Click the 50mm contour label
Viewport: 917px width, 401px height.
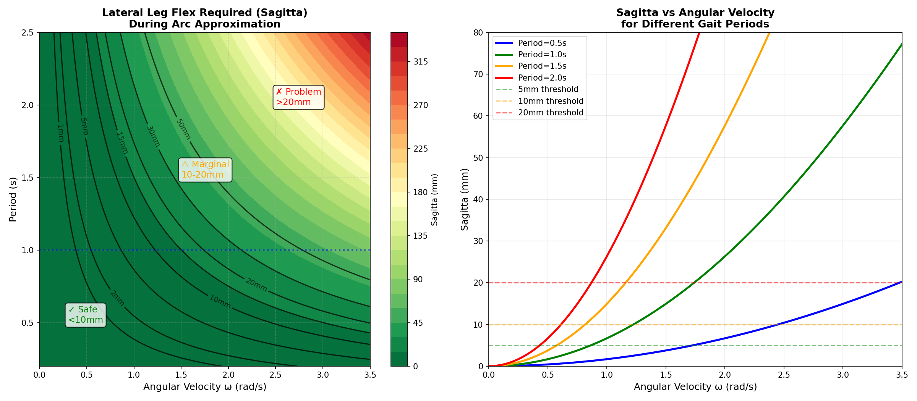183,129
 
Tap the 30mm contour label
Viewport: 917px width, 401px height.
153,136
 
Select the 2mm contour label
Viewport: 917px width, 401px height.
117,298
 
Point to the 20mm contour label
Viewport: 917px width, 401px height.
256,285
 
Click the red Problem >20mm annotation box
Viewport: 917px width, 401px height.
298,97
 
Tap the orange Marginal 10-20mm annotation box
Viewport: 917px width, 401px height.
205,170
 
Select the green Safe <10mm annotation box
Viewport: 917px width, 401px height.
86,315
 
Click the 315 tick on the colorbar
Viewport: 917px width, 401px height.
420,62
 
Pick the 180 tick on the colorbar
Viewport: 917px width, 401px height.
420,192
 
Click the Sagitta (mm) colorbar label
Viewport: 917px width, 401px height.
434,199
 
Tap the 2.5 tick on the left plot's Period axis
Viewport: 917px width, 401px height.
27,32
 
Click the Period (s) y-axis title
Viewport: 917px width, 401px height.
13,199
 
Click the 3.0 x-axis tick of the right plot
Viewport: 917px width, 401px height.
843,375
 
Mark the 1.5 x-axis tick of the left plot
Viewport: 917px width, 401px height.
181,375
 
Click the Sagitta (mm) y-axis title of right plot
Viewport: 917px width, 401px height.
464,199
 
